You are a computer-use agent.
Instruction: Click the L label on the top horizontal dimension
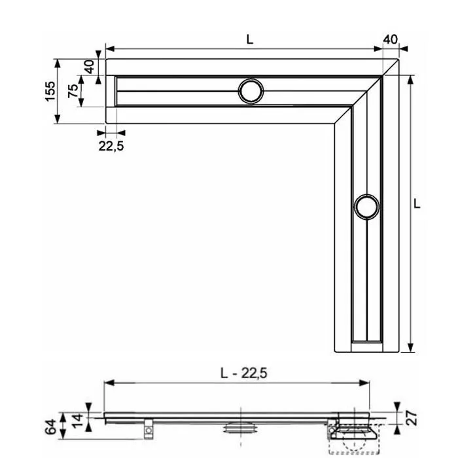pos(249,39)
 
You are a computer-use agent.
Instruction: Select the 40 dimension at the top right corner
pos(390,39)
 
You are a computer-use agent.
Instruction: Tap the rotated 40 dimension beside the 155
pos(90,66)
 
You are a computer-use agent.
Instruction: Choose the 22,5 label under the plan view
pos(111,146)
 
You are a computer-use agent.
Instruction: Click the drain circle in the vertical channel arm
pos(366,207)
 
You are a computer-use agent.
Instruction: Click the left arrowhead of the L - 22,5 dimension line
pos(109,383)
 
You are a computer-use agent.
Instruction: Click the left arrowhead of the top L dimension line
pos(109,48)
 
